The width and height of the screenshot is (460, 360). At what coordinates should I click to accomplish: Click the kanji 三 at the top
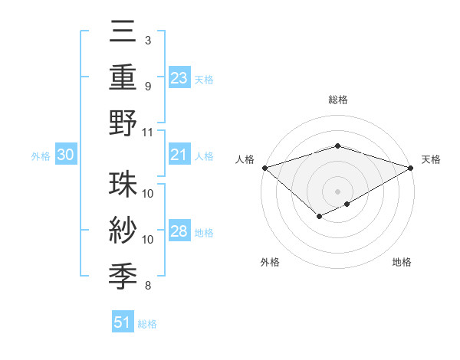[123, 33]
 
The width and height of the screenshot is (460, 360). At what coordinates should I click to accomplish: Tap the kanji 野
[123, 123]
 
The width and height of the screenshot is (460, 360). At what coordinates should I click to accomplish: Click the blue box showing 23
[179, 78]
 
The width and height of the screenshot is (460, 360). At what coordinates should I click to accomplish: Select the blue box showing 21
[179, 155]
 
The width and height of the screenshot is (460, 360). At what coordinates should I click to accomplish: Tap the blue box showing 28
[179, 231]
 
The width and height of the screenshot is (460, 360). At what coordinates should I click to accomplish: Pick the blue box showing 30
[66, 155]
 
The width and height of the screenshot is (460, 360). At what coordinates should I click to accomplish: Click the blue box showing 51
[123, 322]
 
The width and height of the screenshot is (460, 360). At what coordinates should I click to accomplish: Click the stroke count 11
[148, 131]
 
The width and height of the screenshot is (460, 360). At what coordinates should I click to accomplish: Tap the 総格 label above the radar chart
[337, 100]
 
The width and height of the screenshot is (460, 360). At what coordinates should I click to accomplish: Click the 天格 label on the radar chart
[431, 159]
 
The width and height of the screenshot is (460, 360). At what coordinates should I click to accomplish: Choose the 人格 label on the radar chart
[245, 159]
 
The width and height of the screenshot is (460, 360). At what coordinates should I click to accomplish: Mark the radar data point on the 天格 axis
[412, 167]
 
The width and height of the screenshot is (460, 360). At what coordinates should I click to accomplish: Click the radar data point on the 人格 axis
[264, 167]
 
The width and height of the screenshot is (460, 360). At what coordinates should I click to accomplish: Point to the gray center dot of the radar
[337, 191]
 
